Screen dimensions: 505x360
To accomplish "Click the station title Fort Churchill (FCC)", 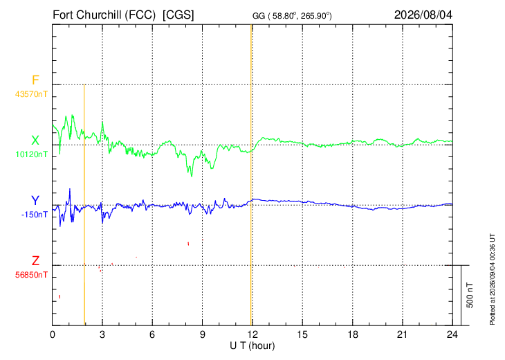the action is pyautogui.click(x=104, y=15).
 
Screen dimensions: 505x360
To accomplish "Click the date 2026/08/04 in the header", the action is pyautogui.click(x=423, y=15).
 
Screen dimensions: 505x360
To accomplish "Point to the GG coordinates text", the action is pyautogui.click(x=292, y=16).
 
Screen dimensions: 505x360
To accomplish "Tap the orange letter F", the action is pyautogui.click(x=35, y=80).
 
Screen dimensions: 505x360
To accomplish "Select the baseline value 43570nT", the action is pyautogui.click(x=31, y=94).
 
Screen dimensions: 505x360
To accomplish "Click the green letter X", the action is pyautogui.click(x=35, y=141).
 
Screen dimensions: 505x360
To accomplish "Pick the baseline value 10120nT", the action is pyautogui.click(x=32, y=154).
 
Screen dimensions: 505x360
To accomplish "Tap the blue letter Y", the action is pyautogui.click(x=35, y=201).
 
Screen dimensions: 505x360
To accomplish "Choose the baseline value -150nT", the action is pyautogui.click(x=35, y=215).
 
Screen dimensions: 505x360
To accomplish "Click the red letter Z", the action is pyautogui.click(x=35, y=261).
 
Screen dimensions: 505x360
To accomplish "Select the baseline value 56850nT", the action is pyautogui.click(x=31, y=275).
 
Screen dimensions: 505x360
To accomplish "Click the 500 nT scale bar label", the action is pyautogui.click(x=470, y=295).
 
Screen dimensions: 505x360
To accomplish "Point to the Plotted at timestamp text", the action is pyautogui.click(x=492, y=279).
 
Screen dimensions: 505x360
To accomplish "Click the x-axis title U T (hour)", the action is pyautogui.click(x=252, y=346).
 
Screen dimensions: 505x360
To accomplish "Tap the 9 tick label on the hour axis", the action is pyautogui.click(x=202, y=335).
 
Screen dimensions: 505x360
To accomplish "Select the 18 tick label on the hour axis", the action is pyautogui.click(x=352, y=335).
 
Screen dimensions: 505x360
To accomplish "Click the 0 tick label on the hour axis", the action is pyautogui.click(x=53, y=335).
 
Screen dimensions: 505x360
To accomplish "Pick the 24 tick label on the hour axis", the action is pyautogui.click(x=452, y=335).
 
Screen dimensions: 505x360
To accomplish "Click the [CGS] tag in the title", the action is pyautogui.click(x=178, y=15).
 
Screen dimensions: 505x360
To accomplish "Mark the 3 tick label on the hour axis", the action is pyautogui.click(x=102, y=335).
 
